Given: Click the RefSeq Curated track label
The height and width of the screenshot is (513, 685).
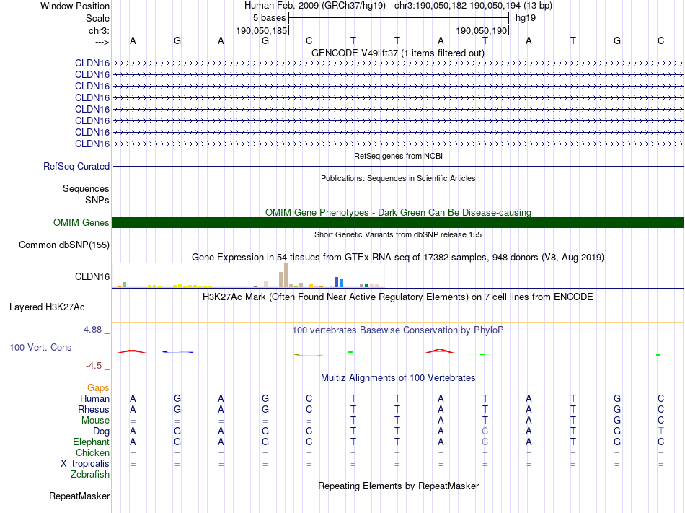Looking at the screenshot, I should click(76, 167).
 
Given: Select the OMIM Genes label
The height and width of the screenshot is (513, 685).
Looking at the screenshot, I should click(81, 223).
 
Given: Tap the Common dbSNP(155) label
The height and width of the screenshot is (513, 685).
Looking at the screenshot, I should click(64, 245).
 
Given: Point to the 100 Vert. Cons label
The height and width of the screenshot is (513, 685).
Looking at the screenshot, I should click(40, 348).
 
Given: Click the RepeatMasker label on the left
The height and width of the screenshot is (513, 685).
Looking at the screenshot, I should click(79, 496).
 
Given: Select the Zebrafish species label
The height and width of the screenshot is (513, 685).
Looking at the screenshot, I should click(90, 475).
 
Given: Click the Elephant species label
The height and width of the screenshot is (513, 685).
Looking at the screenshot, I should click(91, 442).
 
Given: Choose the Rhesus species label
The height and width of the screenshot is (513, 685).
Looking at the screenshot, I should click(93, 410).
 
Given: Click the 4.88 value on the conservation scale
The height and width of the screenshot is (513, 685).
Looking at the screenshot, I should click(94, 330).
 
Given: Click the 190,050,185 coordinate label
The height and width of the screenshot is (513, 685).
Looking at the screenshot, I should click(262, 31).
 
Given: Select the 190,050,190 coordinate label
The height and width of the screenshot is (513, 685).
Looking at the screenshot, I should click(482, 31).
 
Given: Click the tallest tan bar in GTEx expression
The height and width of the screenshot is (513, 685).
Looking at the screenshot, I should click(286, 275).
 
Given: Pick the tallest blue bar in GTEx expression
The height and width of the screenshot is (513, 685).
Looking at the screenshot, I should click(336, 281).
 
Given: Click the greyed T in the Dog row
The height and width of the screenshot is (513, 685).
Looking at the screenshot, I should click(661, 431).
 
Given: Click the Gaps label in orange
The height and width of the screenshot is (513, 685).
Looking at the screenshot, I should click(98, 388).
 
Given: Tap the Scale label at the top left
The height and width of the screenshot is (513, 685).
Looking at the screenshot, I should click(97, 18).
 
